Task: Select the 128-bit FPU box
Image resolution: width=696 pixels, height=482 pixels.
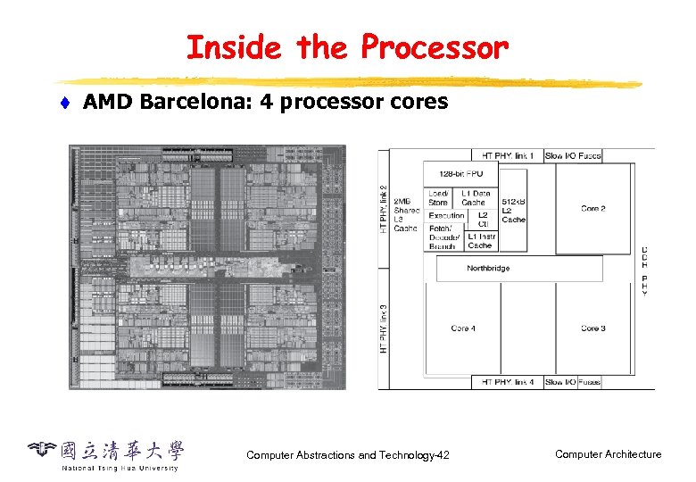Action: (461, 173)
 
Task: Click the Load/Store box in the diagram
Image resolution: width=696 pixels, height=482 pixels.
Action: (439, 197)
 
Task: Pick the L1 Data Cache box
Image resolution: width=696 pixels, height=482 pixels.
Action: (476, 197)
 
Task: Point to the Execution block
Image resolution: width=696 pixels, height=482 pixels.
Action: (446, 215)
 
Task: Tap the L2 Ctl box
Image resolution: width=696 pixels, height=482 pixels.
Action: (483, 220)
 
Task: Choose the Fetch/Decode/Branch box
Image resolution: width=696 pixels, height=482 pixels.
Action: (445, 237)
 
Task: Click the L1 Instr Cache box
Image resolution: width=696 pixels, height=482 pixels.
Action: (480, 240)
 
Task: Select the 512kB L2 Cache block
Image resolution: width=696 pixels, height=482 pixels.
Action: (513, 211)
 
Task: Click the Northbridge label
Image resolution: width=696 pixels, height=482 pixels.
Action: (488, 268)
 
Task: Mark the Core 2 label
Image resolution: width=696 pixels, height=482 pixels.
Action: (593, 208)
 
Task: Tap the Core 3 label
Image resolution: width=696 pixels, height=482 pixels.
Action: (593, 328)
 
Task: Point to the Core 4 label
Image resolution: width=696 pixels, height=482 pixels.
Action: (462, 328)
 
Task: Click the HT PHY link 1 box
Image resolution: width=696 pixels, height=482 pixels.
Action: (508, 155)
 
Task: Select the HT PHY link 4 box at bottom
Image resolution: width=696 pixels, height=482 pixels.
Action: (508, 382)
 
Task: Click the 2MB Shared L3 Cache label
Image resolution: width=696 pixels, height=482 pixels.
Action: (406, 214)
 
